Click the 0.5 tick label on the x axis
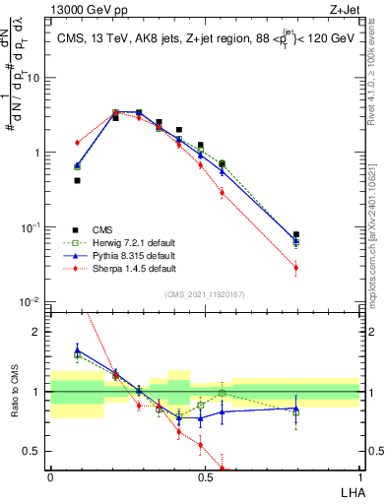[205, 476]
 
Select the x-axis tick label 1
[359, 476]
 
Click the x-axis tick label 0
[50, 476]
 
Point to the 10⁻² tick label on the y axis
[32, 302]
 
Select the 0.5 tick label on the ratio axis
[34, 451]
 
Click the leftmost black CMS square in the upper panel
[77, 180]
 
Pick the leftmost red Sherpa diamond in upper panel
[77, 143]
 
